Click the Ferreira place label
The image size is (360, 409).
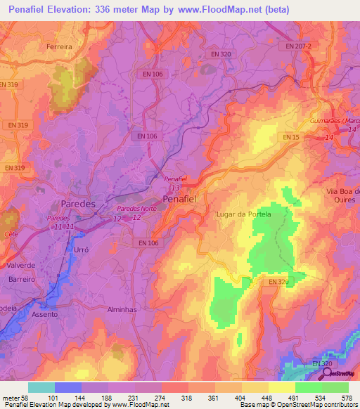coord(59,47)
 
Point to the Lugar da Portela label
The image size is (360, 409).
coord(243,214)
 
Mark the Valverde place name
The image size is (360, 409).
coord(21,266)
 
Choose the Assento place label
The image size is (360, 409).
coord(44,316)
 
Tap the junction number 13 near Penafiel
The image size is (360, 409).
coord(175,188)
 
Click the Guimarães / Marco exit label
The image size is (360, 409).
coord(333,121)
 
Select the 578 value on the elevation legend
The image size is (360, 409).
coord(346,398)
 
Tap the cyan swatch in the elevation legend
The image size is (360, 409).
coord(41,387)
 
